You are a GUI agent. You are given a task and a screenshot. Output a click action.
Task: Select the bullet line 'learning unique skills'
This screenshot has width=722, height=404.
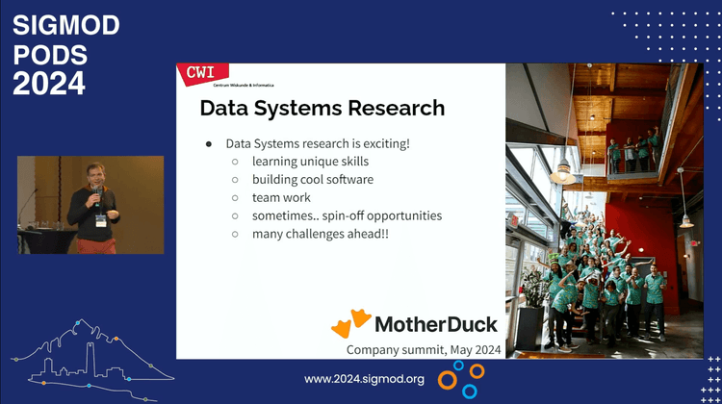[310, 162]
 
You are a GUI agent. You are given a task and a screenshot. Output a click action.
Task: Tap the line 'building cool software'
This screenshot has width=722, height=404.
[313, 179]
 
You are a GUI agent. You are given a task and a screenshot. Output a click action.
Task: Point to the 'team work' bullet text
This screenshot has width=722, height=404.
[281, 197]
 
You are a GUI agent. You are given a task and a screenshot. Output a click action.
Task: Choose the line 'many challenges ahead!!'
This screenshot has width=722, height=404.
[320, 234]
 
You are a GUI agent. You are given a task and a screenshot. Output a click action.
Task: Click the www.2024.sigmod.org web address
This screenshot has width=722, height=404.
[364, 379]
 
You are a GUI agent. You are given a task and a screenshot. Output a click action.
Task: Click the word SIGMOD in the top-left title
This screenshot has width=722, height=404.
[65, 26]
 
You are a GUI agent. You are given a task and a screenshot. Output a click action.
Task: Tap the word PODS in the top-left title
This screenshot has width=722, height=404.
[50, 55]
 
